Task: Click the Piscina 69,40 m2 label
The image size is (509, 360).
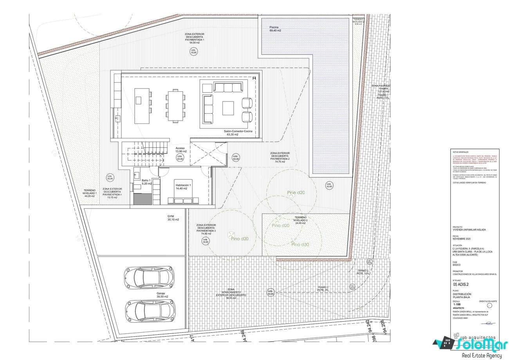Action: (275, 29)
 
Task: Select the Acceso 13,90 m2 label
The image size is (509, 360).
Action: (180, 150)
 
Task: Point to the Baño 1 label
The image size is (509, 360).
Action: (146, 182)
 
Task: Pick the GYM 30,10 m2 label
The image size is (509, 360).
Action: (171, 218)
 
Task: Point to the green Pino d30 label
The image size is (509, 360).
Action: (300, 244)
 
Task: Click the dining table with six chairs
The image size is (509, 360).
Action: (175, 105)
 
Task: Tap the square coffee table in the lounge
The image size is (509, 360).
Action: (228, 108)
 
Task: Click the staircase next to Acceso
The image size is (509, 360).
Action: (144, 155)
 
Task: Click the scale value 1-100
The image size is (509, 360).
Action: (457, 304)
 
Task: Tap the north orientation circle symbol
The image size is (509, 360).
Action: (489, 305)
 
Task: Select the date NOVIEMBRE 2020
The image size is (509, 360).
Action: (461, 239)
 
